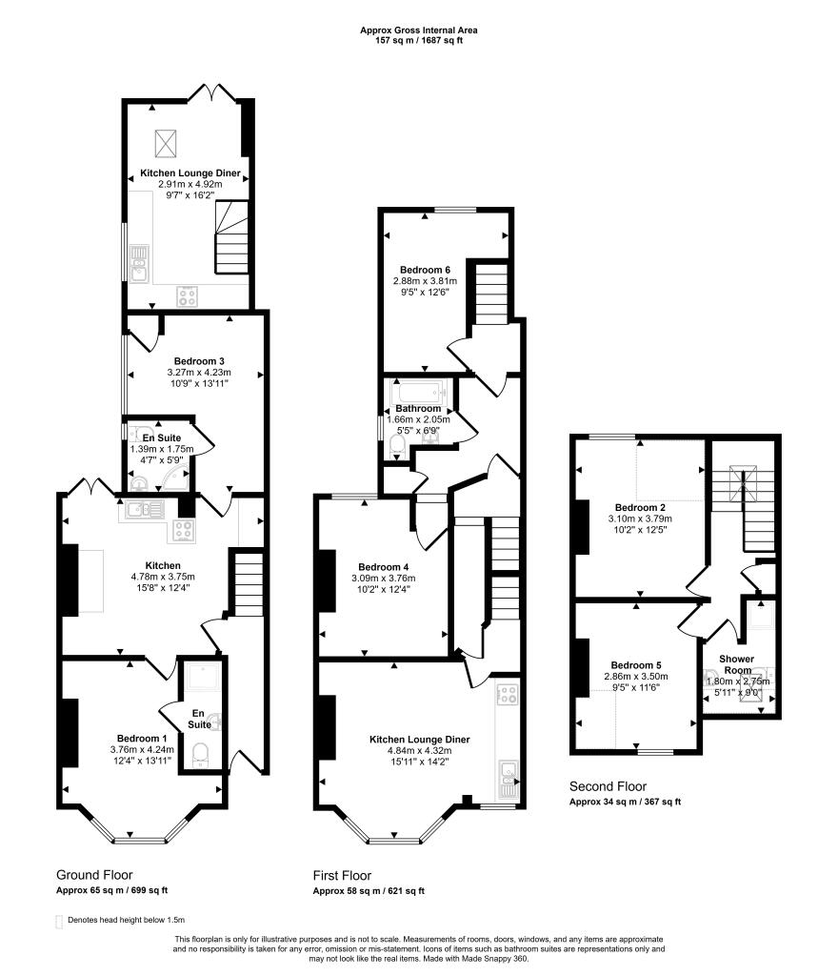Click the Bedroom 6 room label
pyautogui.click(x=425, y=269)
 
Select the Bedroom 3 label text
pyautogui.click(x=199, y=360)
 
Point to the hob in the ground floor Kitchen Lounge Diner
pyautogui.click(x=187, y=296)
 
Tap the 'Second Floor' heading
pyautogui.click(x=608, y=786)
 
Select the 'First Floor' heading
pyautogui.click(x=342, y=875)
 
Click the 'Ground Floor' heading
pyautogui.click(x=94, y=875)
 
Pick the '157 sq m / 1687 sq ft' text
pyautogui.click(x=419, y=41)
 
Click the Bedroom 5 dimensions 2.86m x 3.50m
pyautogui.click(x=636, y=676)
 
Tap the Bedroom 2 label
pyautogui.click(x=640, y=507)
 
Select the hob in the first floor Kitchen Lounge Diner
pyautogui.click(x=508, y=693)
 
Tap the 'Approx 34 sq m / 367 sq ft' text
pyautogui.click(x=625, y=802)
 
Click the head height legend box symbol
pyautogui.click(x=60, y=922)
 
